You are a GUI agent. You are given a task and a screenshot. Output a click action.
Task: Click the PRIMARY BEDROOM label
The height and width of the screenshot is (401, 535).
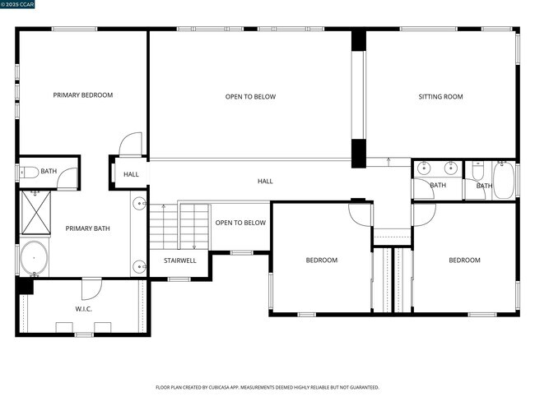click(x=82, y=95)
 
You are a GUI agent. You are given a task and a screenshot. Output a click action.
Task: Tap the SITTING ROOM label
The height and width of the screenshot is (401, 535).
click(x=440, y=97)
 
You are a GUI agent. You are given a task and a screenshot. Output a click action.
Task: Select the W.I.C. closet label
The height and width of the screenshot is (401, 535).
click(x=83, y=309)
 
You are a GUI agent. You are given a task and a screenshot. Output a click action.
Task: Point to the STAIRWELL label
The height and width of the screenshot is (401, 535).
click(x=179, y=260)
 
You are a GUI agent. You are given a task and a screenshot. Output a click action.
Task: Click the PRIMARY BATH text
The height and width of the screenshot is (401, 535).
click(x=88, y=228)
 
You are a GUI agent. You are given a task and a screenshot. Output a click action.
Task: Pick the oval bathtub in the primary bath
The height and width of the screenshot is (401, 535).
click(x=35, y=259)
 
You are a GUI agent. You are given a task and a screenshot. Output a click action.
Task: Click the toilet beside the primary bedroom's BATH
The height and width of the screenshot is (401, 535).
click(x=28, y=172)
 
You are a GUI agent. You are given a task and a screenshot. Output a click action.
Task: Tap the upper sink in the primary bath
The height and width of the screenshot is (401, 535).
click(x=139, y=202)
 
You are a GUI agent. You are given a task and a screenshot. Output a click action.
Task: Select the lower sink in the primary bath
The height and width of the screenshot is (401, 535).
click(x=139, y=265)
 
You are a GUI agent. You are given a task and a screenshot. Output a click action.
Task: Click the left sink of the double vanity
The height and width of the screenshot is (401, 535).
click(x=424, y=168)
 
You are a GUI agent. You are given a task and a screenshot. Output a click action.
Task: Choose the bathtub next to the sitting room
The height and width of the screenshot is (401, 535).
click(x=504, y=179)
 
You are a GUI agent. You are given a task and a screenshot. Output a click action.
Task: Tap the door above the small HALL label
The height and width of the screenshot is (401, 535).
click(x=131, y=145)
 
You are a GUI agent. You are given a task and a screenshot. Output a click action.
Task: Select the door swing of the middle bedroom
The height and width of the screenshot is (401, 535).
click(x=361, y=214)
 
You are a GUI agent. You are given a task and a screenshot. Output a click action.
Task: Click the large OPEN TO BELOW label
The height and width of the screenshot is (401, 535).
click(x=250, y=97)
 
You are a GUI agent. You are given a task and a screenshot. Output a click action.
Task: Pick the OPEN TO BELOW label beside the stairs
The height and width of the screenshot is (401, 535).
click(x=240, y=223)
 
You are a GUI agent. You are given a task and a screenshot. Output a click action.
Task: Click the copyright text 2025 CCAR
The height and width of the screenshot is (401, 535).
click(x=18, y=6)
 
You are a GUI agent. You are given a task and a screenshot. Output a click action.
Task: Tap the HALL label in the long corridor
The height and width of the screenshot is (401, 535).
click(x=265, y=181)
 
